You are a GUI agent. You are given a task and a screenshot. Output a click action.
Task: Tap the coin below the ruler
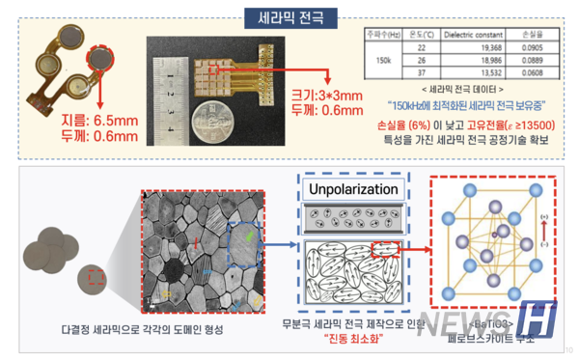[x=212, y=123]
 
